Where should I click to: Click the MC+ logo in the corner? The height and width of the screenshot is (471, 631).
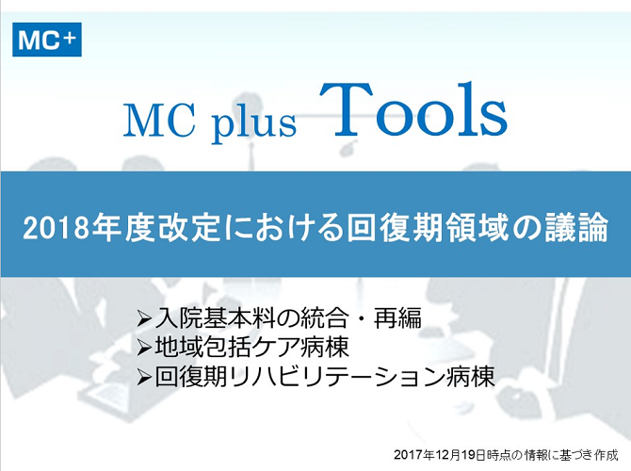tap(47, 40)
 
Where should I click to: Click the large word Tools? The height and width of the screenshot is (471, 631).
tap(413, 109)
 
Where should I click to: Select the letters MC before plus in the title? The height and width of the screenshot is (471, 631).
tap(159, 121)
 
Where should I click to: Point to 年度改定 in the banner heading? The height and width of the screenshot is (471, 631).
tap(156, 228)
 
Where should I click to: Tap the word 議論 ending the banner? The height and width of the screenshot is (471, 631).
tap(575, 228)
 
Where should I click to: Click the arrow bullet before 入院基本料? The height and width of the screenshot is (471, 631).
tap(144, 318)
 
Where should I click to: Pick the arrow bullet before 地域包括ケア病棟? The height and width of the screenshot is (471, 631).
tap(144, 348)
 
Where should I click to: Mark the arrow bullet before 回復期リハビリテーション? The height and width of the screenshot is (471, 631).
tap(144, 378)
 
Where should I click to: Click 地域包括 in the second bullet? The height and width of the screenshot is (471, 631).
tap(202, 347)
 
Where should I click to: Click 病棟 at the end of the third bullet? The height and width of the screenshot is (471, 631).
tap(471, 377)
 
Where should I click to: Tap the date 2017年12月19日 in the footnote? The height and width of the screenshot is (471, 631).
tap(440, 455)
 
